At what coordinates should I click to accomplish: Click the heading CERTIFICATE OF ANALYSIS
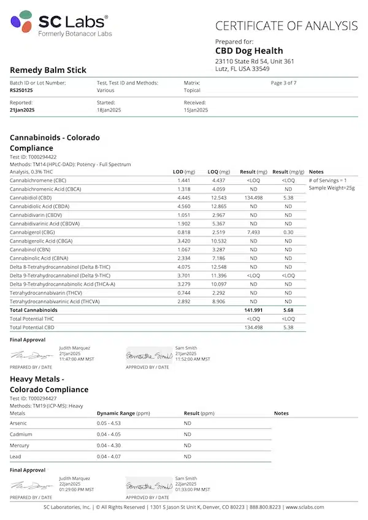[286, 26]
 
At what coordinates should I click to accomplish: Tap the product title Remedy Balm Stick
[48, 70]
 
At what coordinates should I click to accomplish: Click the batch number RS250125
[21, 89]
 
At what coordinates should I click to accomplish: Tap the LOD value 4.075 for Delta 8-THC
[184, 267]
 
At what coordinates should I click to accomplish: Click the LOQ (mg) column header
[219, 172]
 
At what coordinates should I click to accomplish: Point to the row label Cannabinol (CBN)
[31, 250]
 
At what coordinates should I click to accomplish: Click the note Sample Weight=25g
[332, 189]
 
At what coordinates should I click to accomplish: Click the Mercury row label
[20, 445]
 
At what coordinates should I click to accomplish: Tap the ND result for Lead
[188, 456]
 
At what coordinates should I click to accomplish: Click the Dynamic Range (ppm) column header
[123, 413]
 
